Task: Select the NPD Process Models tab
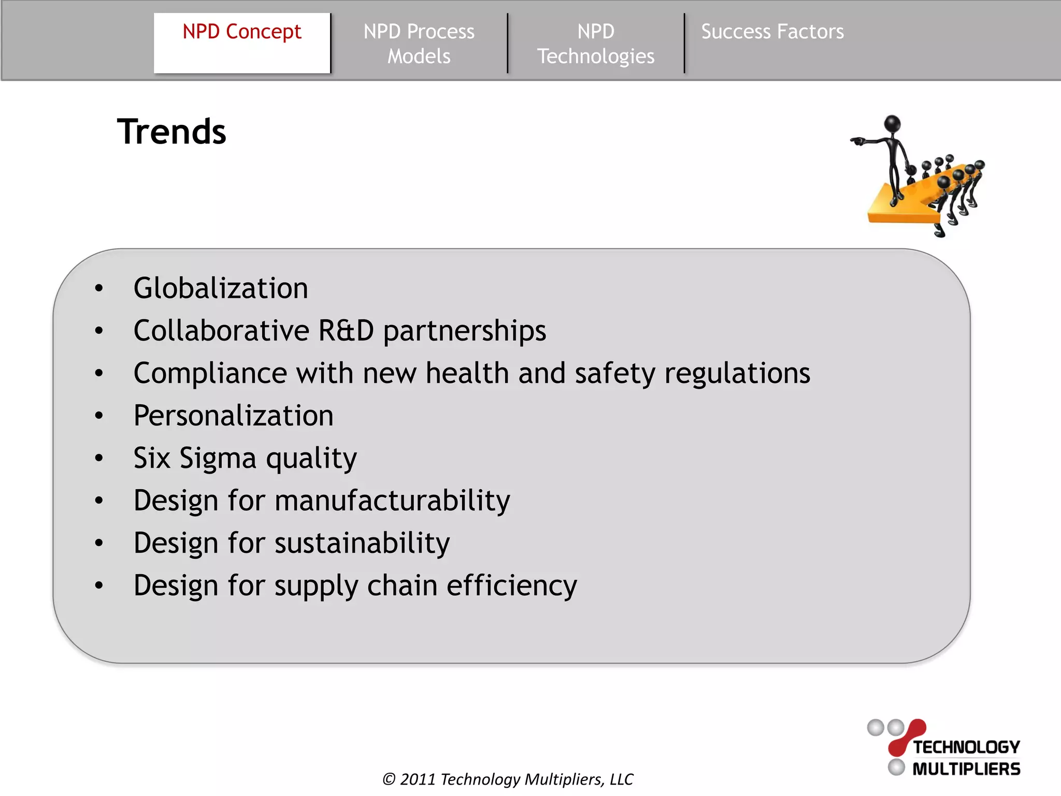pos(419,44)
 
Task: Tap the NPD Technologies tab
pos(596,44)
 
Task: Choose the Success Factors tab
pos(772,32)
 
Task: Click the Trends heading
pos(171,132)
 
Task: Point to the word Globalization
pos(221,288)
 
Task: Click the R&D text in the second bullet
pos(346,331)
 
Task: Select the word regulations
pos(737,373)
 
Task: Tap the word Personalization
pos(233,416)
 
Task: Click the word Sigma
pos(218,458)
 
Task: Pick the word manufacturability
pos(392,501)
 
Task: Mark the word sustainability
pos(362,543)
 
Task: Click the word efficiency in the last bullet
pos(511,586)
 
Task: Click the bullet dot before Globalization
pos(99,289)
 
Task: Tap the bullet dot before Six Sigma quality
pos(99,459)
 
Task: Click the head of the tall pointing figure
pos(892,124)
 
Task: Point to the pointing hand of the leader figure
pos(857,141)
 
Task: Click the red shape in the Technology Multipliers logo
pos(907,736)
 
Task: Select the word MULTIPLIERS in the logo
pos(966,769)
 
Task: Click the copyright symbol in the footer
pos(389,779)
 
